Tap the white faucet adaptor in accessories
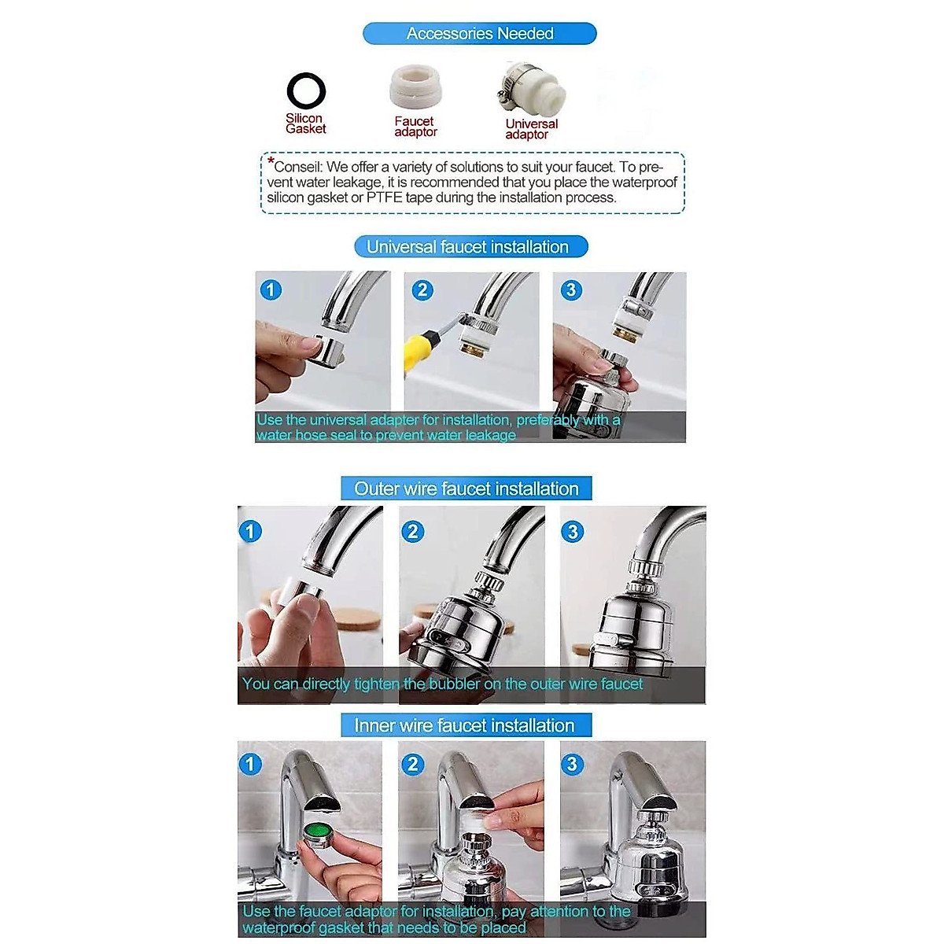click(x=415, y=88)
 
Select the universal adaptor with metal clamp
click(x=530, y=89)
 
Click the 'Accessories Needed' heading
click(x=480, y=33)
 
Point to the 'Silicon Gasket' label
click(x=306, y=124)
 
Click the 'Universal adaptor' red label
click(x=531, y=129)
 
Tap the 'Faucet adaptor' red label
click(x=415, y=127)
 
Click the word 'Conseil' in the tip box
click(x=297, y=167)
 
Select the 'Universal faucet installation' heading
click(x=467, y=247)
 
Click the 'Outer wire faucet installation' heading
click(x=466, y=489)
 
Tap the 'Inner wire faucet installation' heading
click(x=464, y=725)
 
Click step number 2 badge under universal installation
click(x=422, y=290)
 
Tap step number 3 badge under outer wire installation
click(x=573, y=532)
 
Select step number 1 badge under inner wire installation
click(x=250, y=764)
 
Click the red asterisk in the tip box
click(x=271, y=160)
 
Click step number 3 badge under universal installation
click(x=571, y=290)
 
